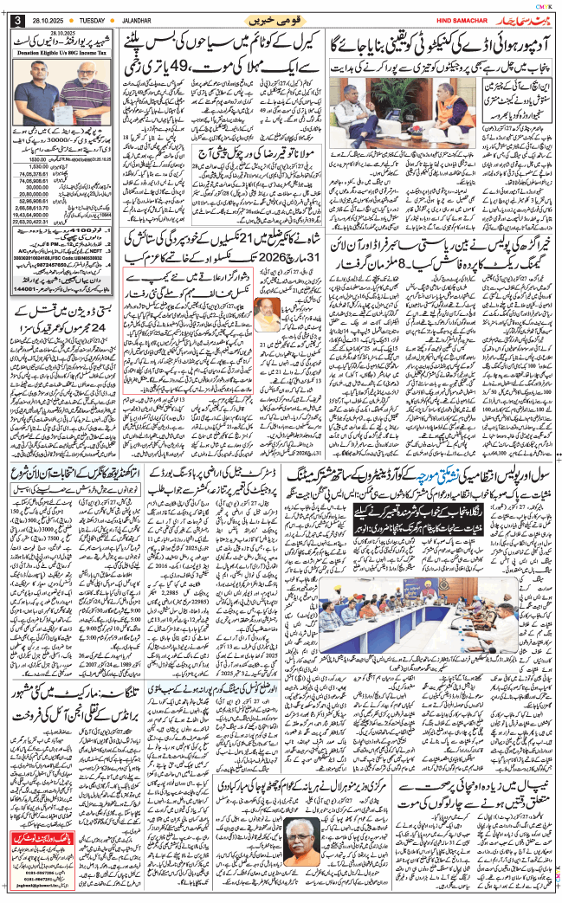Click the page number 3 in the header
coord(16,20)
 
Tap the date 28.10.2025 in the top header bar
coord(45,19)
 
